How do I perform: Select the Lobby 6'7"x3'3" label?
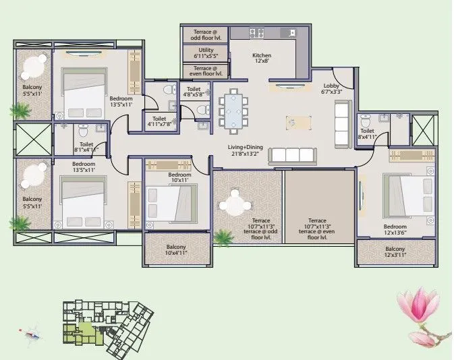(x=331, y=89)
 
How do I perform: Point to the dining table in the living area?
(x=233, y=110)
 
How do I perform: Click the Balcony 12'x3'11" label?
(x=395, y=253)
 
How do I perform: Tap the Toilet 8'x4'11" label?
(x=368, y=134)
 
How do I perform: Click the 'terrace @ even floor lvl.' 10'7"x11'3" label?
(x=318, y=229)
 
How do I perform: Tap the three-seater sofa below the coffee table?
(x=292, y=156)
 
